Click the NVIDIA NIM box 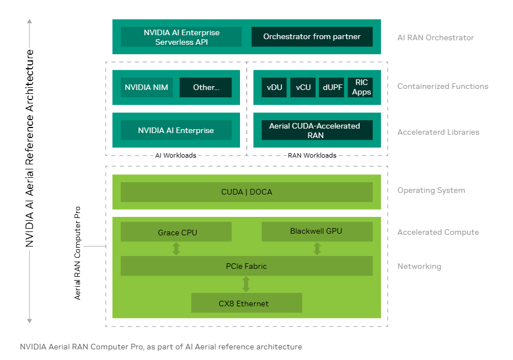[147, 87]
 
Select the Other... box [205, 87]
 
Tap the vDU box [274, 87]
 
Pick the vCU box [303, 87]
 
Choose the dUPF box [332, 87]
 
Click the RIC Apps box [361, 87]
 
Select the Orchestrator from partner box [312, 37]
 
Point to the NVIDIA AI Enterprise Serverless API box [181, 37]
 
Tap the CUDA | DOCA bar [246, 192]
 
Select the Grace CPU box [176, 232]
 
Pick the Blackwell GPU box [317, 231]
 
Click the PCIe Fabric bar [246, 266]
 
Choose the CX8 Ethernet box [246, 303]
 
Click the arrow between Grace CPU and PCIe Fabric [176, 249]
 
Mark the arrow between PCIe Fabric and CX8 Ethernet [246, 285]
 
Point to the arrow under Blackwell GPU [317, 249]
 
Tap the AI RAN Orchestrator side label [435, 37]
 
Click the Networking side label [419, 267]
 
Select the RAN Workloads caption [312, 155]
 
